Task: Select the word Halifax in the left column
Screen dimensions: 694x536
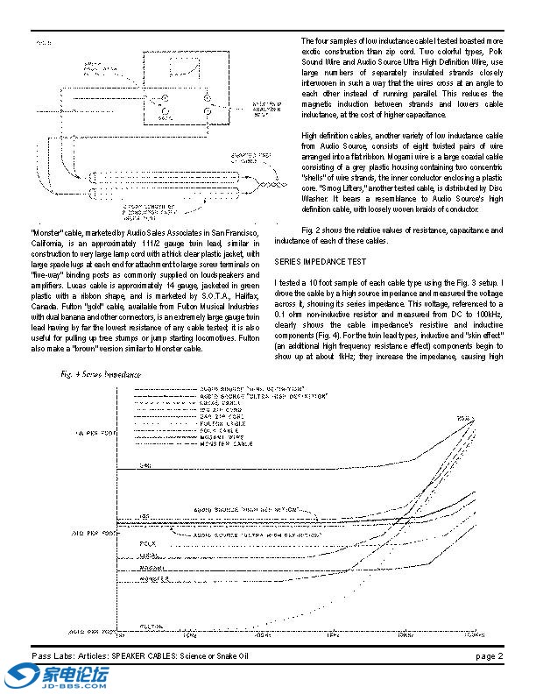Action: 263,284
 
